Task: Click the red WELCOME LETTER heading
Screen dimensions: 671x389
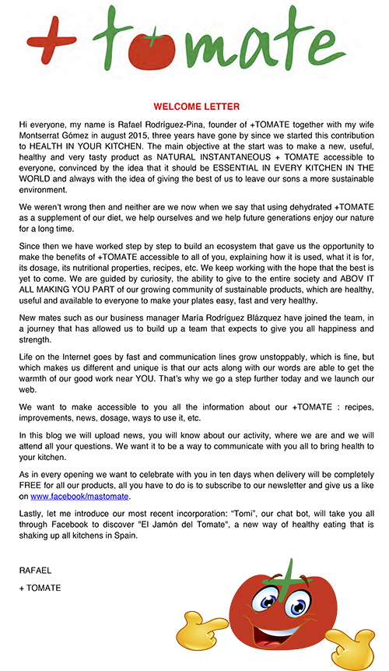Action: pyautogui.click(x=196, y=107)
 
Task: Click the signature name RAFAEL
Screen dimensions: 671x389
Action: pyautogui.click(x=36, y=571)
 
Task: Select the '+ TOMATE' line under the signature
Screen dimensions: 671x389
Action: pyautogui.click(x=40, y=588)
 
